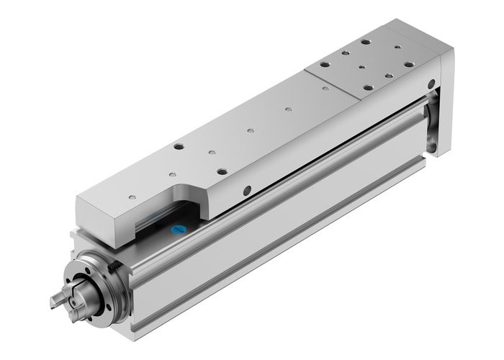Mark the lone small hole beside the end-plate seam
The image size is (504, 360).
325,89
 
